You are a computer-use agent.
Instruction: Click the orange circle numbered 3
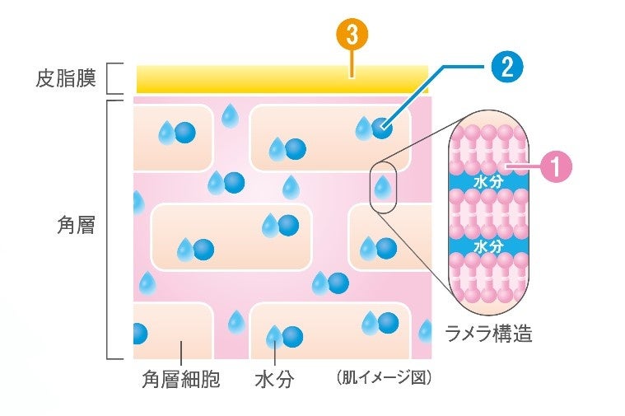[x=352, y=35]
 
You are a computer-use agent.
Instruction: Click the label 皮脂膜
[x=67, y=79]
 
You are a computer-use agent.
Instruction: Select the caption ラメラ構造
[x=489, y=334]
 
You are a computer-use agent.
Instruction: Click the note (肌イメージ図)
[x=384, y=378]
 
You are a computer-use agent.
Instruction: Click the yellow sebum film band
[x=280, y=79]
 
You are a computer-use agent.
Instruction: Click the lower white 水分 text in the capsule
[x=488, y=245]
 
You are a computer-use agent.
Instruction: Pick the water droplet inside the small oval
[x=382, y=189]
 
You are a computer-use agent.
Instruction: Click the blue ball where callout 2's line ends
[x=381, y=128]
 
